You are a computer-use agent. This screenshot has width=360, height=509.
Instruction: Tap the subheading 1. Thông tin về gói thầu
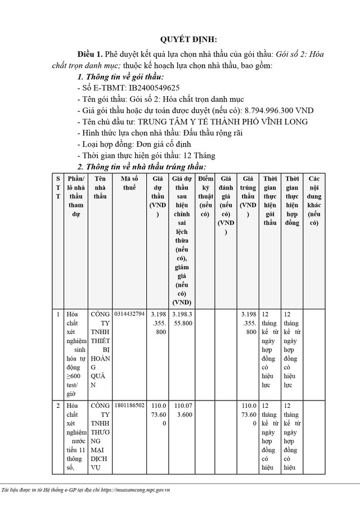120,76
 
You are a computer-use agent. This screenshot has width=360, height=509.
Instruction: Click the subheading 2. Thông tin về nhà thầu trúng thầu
141,166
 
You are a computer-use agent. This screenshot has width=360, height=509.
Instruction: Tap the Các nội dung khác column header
314,200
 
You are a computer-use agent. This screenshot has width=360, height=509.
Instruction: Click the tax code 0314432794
129,313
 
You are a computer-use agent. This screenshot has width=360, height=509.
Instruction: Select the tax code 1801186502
129,405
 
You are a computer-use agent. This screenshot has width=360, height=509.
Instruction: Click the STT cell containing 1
58,313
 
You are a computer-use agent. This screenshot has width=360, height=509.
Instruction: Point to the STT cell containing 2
58,405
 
